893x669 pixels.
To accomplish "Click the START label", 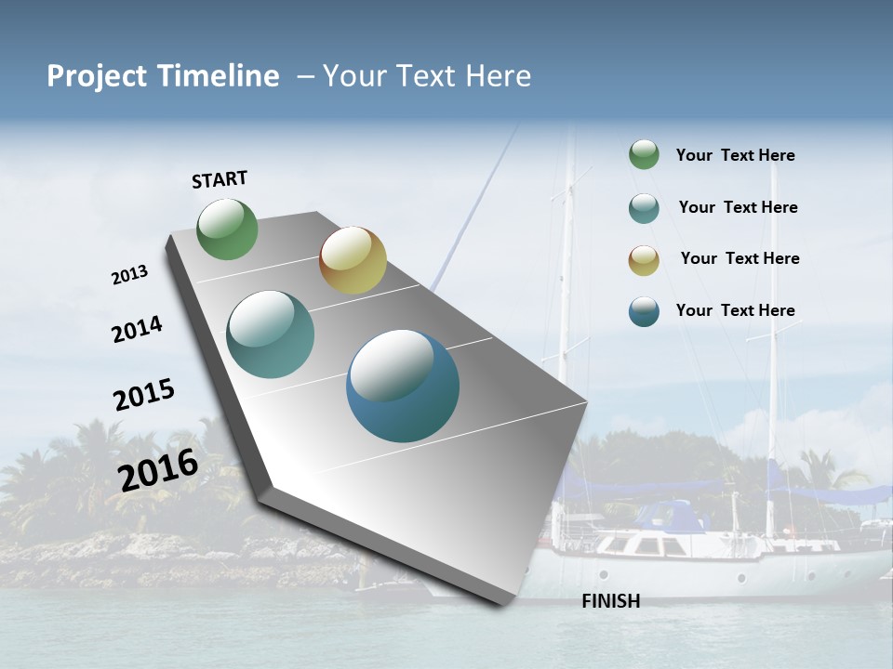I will pos(220,179).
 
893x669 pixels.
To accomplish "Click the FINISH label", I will pos(610,601).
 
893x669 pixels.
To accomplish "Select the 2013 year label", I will pos(129,275).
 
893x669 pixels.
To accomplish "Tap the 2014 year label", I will pos(138,329).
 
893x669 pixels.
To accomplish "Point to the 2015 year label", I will pos(144,395).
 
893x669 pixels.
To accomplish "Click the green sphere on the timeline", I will pos(228,230).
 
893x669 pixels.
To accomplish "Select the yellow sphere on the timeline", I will pos(353,260).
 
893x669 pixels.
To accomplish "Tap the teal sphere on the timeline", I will pos(271,334).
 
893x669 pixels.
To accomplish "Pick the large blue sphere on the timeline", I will pos(403,386).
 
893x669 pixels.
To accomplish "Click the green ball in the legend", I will pos(644,155).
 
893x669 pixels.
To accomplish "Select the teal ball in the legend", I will pos(644,207).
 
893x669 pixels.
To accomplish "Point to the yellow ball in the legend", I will pos(644,259).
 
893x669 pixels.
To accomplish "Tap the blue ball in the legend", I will pos(644,310).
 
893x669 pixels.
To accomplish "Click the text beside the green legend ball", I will pos(735,155).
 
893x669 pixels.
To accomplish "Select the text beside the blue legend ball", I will pos(735,310).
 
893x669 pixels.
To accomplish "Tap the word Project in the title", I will pos(97,76).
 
